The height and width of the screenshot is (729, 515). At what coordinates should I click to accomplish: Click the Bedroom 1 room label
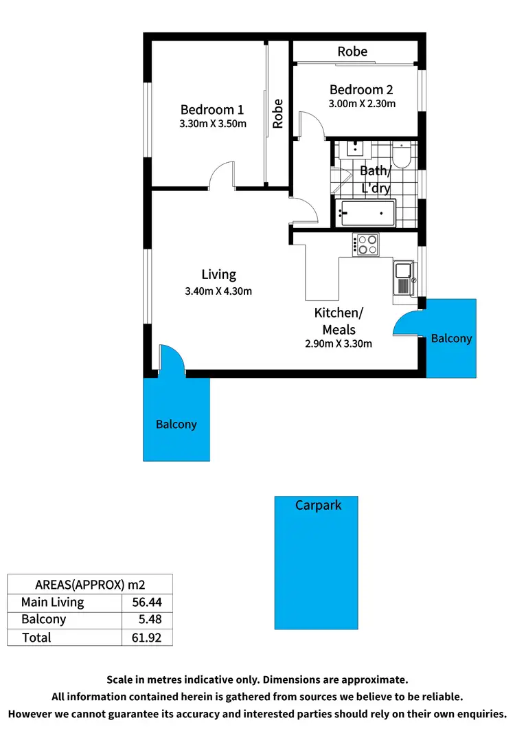point(211,109)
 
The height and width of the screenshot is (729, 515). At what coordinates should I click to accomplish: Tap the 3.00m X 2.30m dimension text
point(362,104)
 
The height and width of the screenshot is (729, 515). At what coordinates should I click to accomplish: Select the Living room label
point(218,274)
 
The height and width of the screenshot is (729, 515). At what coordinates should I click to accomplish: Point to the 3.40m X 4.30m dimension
point(218,291)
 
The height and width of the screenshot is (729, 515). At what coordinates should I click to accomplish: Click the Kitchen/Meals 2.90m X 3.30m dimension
point(339,344)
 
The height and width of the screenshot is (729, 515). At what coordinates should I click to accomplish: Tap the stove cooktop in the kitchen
point(365,244)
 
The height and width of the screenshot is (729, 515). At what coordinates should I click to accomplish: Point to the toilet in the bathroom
point(403,156)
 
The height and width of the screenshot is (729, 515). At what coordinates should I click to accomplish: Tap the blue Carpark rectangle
point(317,563)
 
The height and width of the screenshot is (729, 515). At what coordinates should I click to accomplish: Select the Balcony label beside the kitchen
point(451,338)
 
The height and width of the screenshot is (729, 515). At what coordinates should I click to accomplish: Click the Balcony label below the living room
point(176,424)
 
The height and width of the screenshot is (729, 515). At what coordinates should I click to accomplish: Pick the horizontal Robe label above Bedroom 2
point(352,52)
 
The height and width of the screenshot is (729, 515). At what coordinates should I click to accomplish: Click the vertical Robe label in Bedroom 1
point(278,114)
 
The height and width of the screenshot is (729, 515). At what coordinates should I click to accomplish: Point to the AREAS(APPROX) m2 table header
point(89,585)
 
